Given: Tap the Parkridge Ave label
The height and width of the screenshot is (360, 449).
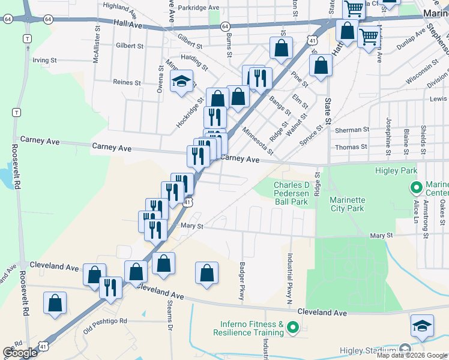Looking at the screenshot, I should click(x=202, y=8).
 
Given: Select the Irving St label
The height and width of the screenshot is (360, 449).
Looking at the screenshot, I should click(x=44, y=60).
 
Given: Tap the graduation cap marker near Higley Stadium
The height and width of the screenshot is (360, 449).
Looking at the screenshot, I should click(x=423, y=326).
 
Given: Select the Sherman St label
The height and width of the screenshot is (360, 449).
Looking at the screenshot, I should click(x=352, y=130).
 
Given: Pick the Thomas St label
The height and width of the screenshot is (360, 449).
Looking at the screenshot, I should click(x=351, y=146).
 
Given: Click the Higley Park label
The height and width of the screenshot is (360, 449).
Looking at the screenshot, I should click(x=400, y=171).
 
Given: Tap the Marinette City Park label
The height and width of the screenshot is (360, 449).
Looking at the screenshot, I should click(x=346, y=204).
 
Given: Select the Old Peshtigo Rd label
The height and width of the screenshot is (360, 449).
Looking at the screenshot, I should click(x=105, y=321).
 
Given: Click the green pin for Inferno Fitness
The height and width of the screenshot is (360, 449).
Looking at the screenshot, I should click(x=293, y=328).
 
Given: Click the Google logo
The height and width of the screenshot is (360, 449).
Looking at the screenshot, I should click(x=20, y=353).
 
